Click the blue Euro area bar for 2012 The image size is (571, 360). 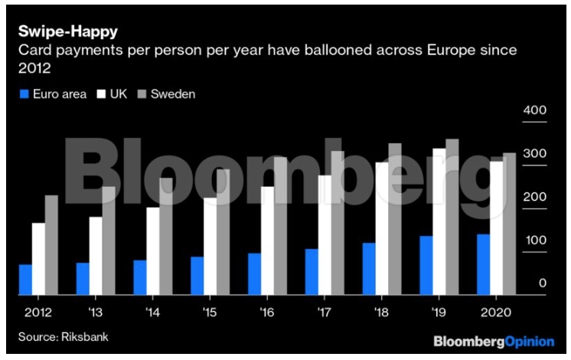click(x=25, y=280)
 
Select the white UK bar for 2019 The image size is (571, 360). click(x=439, y=221)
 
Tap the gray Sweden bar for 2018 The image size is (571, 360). click(x=395, y=219)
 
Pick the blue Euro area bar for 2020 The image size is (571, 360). click(x=483, y=264)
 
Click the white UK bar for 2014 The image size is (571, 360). click(x=152, y=251)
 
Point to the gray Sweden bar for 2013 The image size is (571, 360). click(x=109, y=241)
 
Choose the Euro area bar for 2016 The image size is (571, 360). click(x=254, y=274)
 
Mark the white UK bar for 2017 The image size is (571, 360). click(x=325, y=235)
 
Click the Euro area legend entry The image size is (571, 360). click(x=47, y=94)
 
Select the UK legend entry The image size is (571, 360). click(x=111, y=94)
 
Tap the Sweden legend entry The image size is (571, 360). click(x=165, y=94)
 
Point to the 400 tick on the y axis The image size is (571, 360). click(x=533, y=111)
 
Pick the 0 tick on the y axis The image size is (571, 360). click(x=541, y=283)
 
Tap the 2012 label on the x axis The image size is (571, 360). click(x=38, y=313)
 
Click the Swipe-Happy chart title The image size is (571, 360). click(x=68, y=32)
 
